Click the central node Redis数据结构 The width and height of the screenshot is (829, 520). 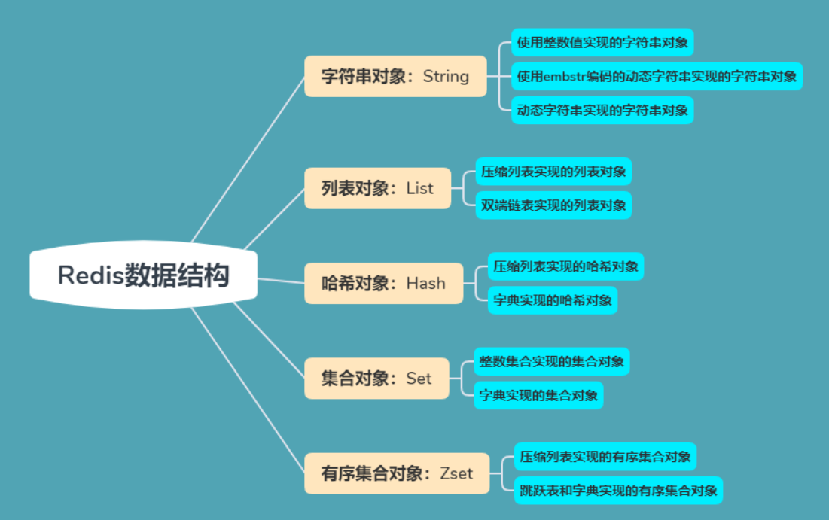click(143, 275)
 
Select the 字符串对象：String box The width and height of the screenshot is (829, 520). click(395, 76)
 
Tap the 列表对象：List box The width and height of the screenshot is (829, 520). click(377, 188)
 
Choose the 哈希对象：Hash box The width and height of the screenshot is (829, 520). click(383, 284)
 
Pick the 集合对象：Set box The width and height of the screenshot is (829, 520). click(376, 379)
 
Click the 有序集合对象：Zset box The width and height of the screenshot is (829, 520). click(397, 473)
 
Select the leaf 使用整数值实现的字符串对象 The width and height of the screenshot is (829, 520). click(602, 42)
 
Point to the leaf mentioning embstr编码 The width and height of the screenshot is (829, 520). click(657, 76)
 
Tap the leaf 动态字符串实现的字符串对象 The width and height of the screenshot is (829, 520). click(602, 111)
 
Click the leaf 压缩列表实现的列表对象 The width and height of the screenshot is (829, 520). click(553, 172)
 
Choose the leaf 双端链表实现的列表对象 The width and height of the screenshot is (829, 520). click(553, 205)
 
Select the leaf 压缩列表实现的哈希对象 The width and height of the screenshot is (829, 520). click(565, 266)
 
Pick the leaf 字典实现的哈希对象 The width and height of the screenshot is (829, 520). click(553, 300)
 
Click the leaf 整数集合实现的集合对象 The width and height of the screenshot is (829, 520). click(551, 362)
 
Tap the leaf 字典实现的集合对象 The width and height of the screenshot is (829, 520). click(538, 395)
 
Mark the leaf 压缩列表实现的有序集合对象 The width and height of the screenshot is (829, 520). click(605, 457)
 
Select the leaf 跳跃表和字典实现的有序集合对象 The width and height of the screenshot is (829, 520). click(617, 491)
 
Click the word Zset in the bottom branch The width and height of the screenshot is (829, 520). click(456, 473)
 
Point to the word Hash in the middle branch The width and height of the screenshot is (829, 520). click(426, 284)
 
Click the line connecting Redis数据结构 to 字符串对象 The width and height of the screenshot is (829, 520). click(248, 159)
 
